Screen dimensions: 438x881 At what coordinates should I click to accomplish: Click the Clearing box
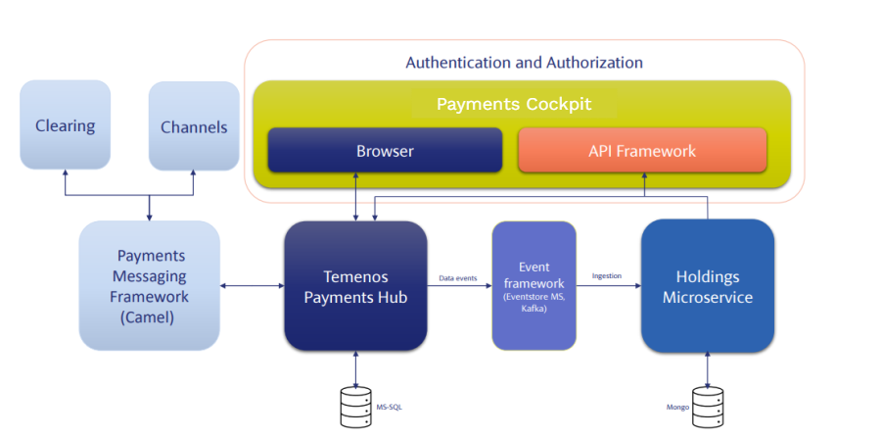click(65, 125)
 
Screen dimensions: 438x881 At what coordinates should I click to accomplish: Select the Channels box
click(194, 126)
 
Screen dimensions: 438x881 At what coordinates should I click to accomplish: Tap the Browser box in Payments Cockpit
click(385, 151)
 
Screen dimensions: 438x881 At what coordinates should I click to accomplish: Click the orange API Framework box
click(642, 151)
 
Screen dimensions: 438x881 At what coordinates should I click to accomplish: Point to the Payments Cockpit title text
click(514, 104)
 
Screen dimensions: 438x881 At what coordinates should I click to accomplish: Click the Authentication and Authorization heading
click(525, 63)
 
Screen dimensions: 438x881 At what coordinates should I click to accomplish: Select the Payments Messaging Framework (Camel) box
click(150, 284)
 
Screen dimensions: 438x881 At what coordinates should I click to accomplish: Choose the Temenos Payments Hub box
click(355, 285)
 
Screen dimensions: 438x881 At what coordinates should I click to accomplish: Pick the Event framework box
click(533, 285)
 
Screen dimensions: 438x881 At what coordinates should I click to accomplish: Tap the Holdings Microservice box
click(708, 285)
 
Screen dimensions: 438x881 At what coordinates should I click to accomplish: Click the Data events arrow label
click(458, 278)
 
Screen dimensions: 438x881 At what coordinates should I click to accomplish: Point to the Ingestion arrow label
click(607, 276)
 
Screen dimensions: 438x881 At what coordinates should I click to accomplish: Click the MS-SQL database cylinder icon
click(356, 404)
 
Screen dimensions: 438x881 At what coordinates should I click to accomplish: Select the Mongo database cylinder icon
click(708, 406)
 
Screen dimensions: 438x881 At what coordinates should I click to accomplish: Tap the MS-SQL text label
click(389, 405)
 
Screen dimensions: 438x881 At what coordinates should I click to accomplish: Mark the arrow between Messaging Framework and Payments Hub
click(252, 286)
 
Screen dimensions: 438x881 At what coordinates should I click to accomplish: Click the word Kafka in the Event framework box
click(533, 308)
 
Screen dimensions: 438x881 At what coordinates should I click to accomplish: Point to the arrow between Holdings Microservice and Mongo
click(708, 367)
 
